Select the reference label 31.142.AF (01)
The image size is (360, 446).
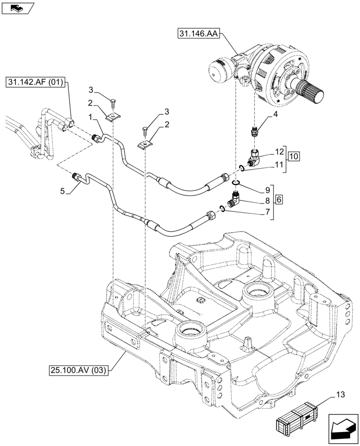tap(36, 82)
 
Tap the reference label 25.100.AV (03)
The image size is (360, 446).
tap(79, 369)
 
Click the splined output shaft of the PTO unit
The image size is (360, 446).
tap(311, 94)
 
